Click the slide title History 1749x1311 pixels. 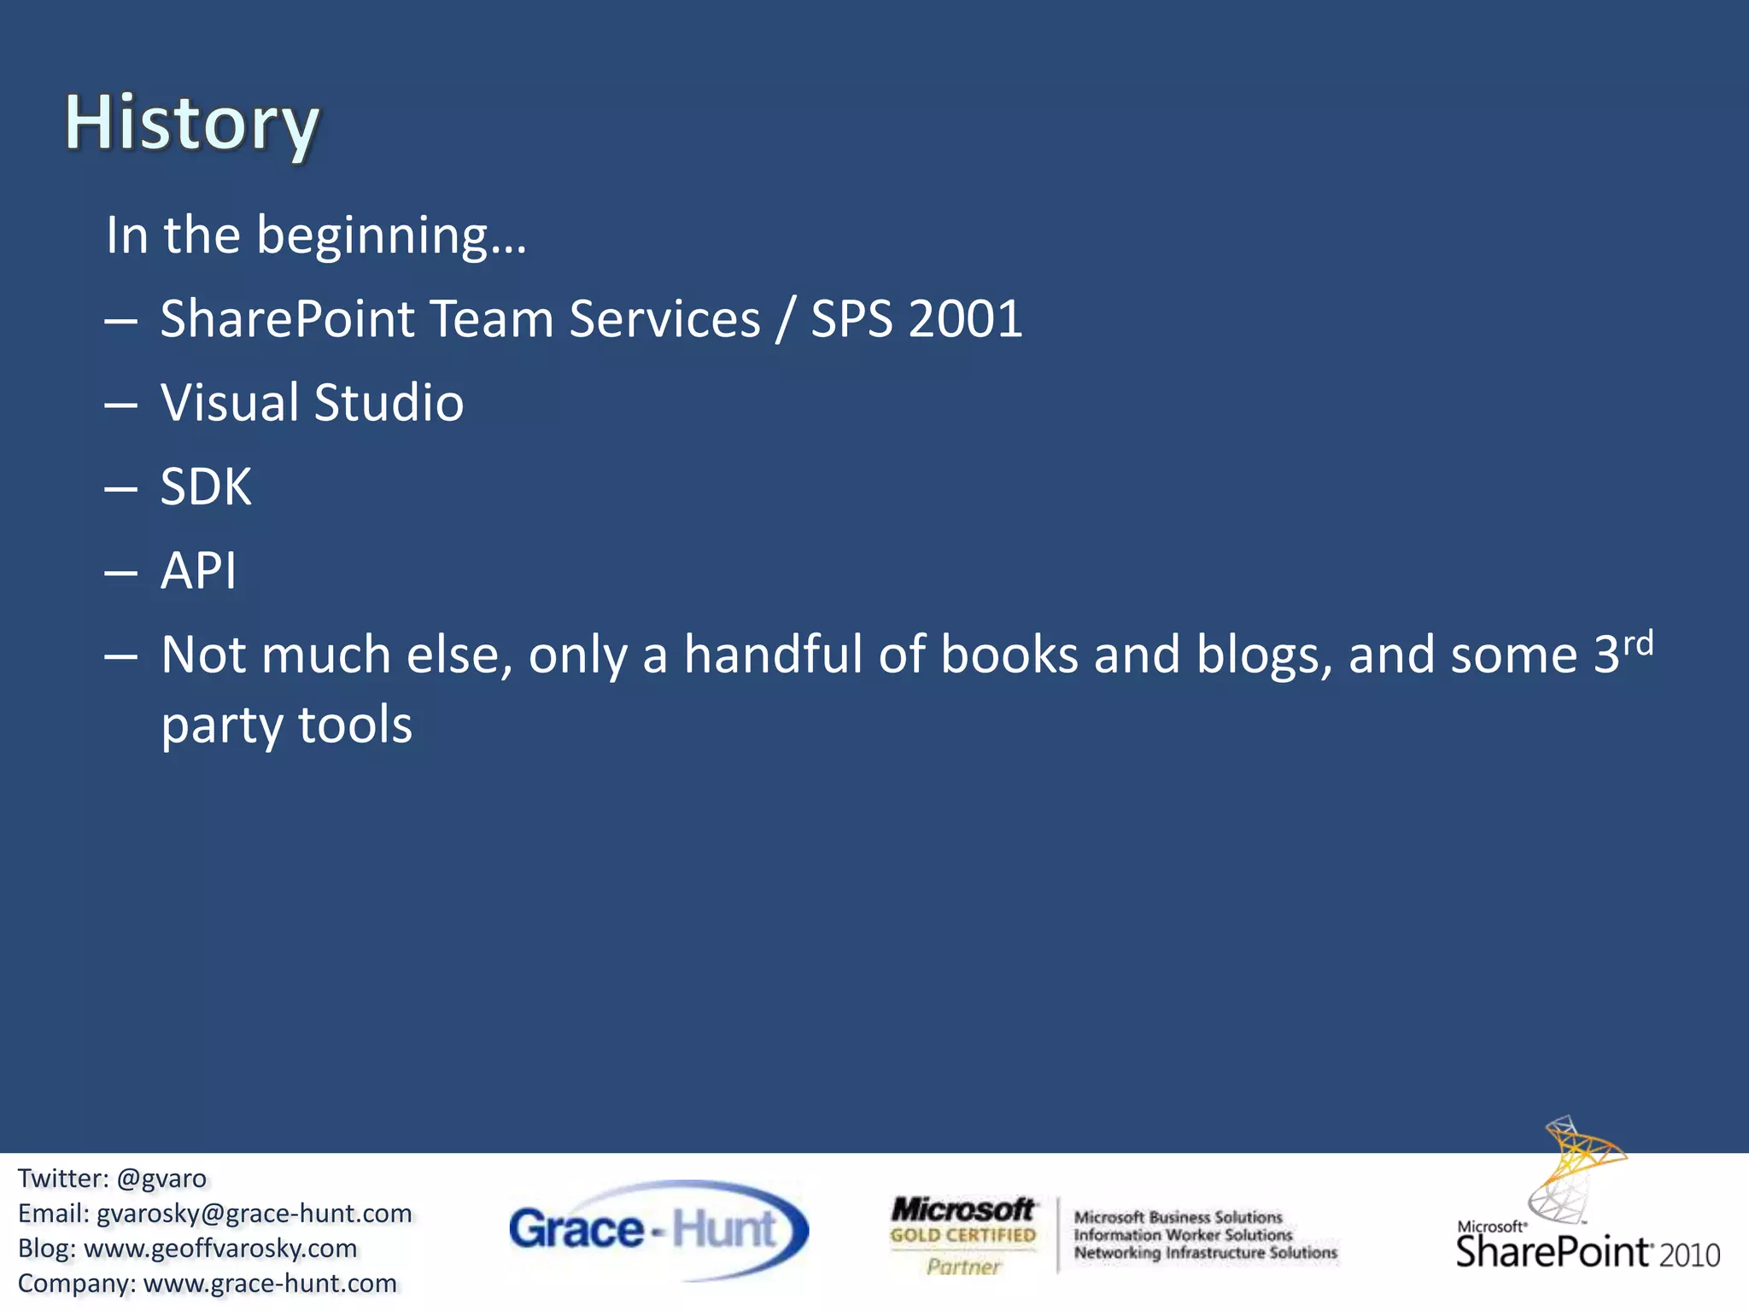192,124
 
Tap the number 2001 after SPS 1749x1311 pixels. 966,319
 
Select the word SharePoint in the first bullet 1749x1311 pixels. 287,319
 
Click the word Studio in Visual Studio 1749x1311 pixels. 389,403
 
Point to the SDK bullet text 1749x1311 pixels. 206,487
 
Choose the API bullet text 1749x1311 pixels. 198,570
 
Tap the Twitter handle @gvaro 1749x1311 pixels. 161,1179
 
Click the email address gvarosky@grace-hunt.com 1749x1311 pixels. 254,1214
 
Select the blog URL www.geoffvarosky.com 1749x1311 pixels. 220,1249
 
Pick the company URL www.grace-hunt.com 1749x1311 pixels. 270,1284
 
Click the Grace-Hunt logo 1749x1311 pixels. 658,1230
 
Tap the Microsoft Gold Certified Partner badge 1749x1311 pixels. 962,1235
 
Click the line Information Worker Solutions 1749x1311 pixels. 1183,1235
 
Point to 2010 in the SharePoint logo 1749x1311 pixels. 1688,1256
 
